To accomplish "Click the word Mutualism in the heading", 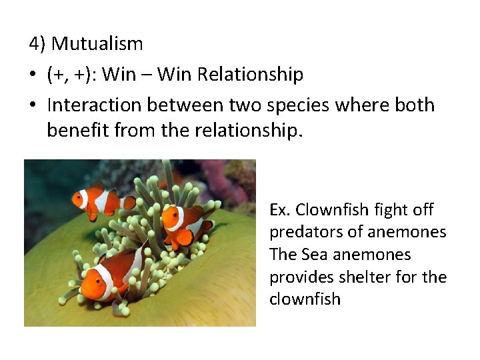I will tap(97, 44).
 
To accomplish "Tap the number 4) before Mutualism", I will tap(38, 44).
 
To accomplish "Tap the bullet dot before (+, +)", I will tap(33, 75).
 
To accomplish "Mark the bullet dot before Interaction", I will tap(33, 106).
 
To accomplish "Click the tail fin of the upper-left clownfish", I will tap(130, 202).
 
